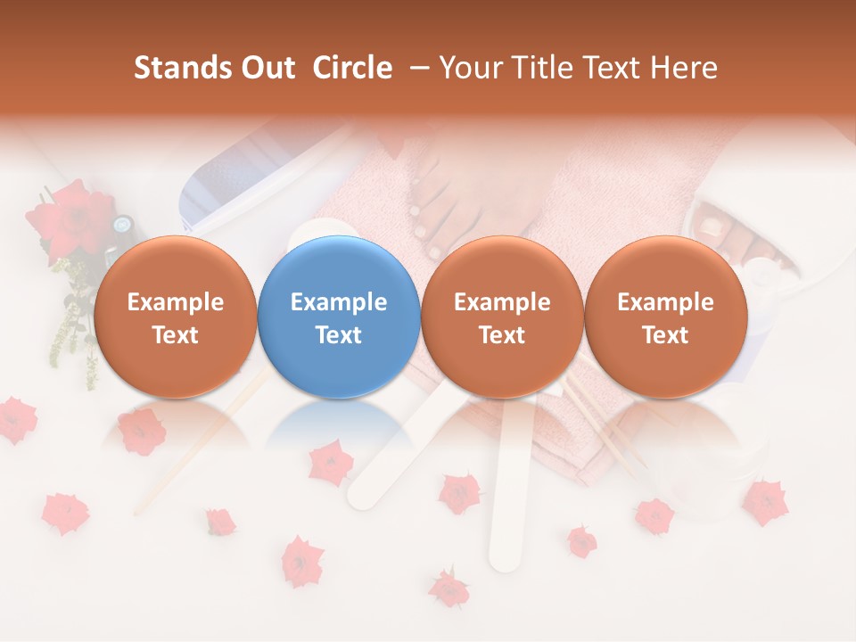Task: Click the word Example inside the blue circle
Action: click(x=339, y=302)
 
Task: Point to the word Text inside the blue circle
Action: click(x=339, y=335)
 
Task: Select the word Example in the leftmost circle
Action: click(x=176, y=302)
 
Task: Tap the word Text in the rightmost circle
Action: click(x=665, y=335)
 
